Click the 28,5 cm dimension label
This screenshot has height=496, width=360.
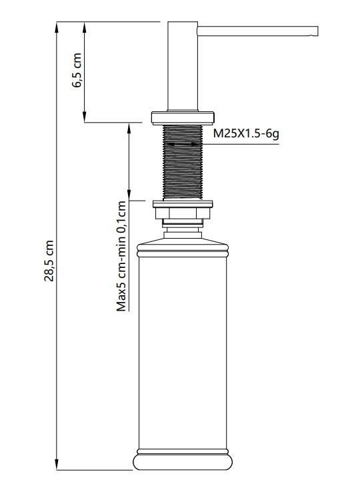click(49, 261)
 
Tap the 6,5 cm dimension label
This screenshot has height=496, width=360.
click(77, 70)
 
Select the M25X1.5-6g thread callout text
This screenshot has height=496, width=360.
click(246, 133)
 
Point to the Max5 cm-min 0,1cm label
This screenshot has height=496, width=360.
click(121, 255)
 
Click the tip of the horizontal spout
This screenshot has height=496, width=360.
click(317, 31)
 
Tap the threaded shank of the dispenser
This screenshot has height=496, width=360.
click(182, 162)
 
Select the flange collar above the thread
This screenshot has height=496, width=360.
click(182, 117)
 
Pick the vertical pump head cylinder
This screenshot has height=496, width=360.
click(183, 66)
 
